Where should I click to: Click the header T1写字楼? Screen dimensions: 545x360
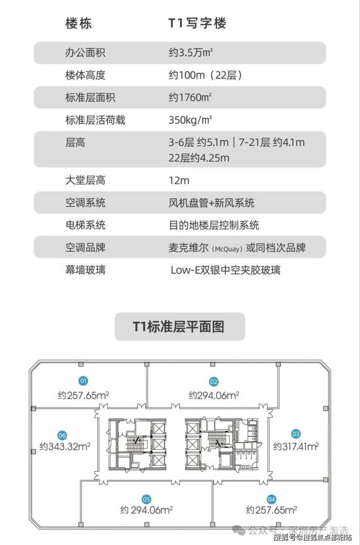point(197,23)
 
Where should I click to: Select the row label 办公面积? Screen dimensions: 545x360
point(85,53)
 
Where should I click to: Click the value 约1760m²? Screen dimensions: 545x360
point(190,98)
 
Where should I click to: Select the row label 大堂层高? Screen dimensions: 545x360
point(85,180)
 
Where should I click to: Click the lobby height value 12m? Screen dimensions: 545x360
point(179,180)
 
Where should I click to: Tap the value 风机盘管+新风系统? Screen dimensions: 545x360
point(211,203)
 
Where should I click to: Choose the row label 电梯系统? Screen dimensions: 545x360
point(85,225)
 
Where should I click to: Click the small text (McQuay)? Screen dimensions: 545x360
point(227,248)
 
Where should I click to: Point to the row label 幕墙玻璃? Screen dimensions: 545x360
point(85,270)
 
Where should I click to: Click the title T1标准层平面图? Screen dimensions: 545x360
point(180,326)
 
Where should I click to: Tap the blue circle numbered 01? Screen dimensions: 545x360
point(84,381)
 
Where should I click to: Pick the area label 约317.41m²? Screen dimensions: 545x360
point(296,445)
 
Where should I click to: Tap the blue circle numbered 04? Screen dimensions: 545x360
point(271,499)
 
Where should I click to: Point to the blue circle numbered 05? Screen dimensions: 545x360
point(146,499)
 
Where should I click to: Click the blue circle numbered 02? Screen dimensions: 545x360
point(214,382)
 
